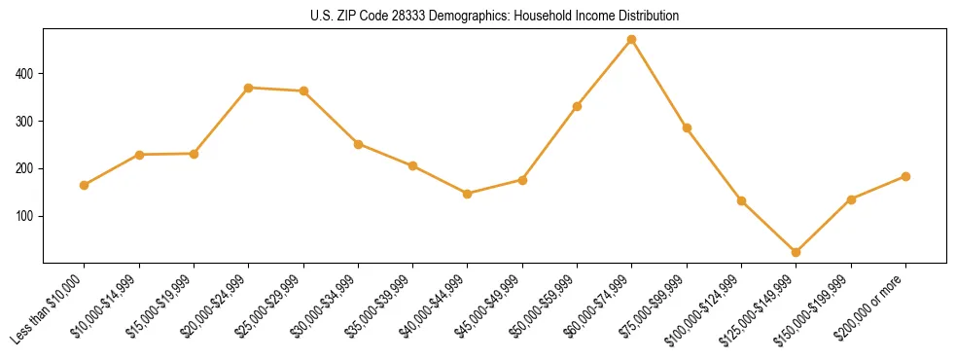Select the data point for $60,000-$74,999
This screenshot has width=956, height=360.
tap(632, 40)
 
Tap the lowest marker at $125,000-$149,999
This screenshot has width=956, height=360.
tap(797, 252)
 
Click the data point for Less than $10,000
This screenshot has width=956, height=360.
tap(85, 185)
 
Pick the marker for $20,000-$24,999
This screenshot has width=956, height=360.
tap(249, 88)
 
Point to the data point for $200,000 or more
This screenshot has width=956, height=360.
tap(905, 176)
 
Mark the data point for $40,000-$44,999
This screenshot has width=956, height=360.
tap(468, 194)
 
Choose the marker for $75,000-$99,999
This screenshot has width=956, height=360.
tap(687, 127)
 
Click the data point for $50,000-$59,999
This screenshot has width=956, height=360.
tap(577, 106)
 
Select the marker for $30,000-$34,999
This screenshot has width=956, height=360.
tap(359, 144)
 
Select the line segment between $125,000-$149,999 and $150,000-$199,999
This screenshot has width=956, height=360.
tap(824, 226)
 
